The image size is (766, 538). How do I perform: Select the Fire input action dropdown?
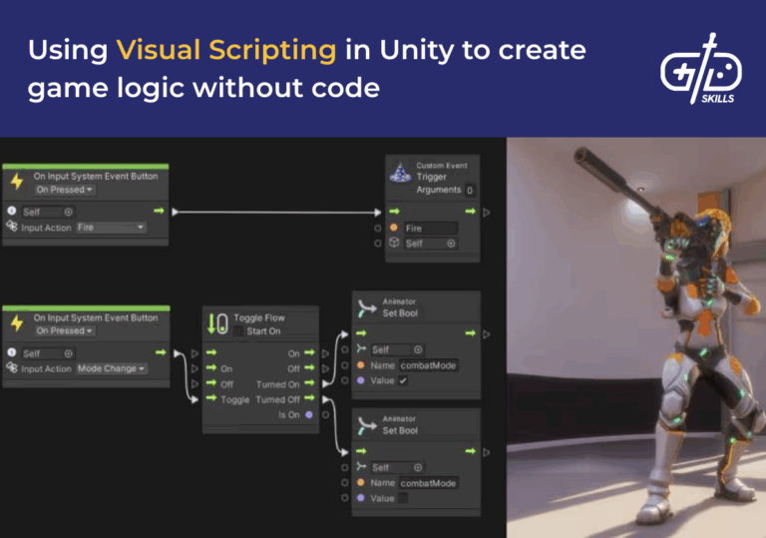(x=110, y=228)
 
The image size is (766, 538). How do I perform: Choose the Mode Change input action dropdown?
(x=111, y=368)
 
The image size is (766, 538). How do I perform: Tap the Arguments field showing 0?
(x=470, y=190)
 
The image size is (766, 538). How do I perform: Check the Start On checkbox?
(x=238, y=331)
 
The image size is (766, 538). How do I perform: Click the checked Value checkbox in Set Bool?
(x=403, y=380)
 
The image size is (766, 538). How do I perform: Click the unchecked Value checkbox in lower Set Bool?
(x=403, y=498)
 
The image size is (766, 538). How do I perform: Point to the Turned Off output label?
(x=277, y=399)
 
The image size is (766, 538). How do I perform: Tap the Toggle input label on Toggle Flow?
(x=235, y=399)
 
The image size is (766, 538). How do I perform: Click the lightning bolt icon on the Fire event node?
(x=16, y=181)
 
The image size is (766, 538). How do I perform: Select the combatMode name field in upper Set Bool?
(x=428, y=365)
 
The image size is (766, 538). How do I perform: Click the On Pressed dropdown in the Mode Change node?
(x=65, y=330)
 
